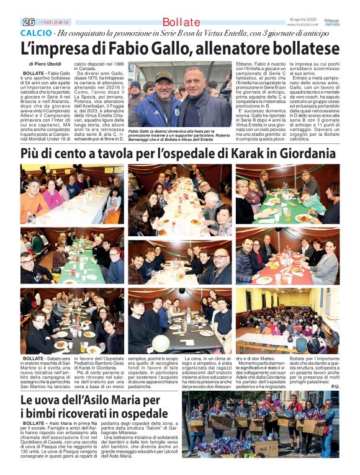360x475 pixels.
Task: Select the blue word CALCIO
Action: tap(35, 33)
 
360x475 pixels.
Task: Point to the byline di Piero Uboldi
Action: tap(45, 64)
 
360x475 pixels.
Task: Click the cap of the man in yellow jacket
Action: tap(163, 75)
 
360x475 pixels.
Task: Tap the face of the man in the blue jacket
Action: tap(194, 79)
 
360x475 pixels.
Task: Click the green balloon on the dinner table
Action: tap(161, 343)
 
